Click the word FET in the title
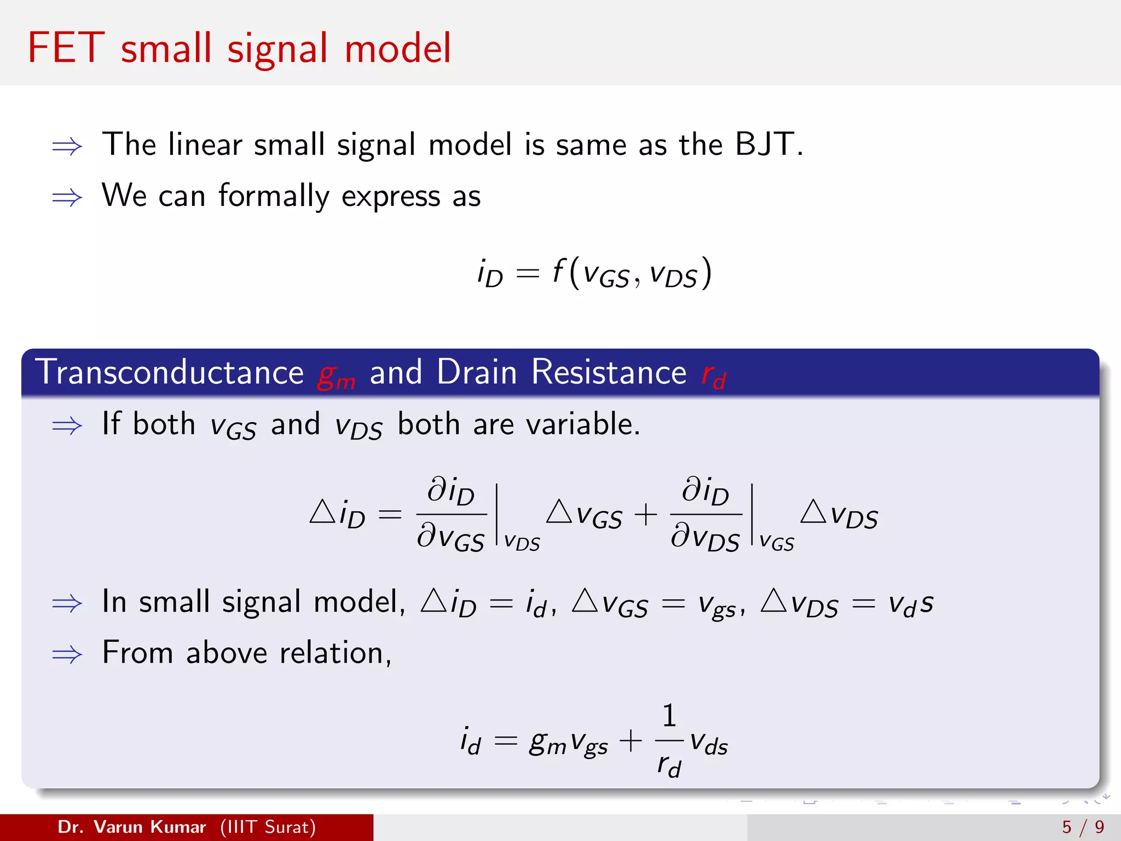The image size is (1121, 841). coord(66,48)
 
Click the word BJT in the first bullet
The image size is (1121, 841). coord(764,145)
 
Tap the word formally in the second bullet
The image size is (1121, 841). coord(274,196)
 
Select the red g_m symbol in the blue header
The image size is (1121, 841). coord(336,376)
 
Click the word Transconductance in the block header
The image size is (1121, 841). coord(170,372)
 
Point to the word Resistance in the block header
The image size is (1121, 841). coord(609,372)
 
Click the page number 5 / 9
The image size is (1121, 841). coord(1083,827)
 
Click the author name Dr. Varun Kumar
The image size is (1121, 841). coord(131,827)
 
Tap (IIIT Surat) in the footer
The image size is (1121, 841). coord(268,827)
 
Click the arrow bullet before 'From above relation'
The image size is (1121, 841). coord(67,654)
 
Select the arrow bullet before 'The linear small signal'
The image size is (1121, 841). coord(67,146)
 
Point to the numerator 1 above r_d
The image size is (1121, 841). coord(669,716)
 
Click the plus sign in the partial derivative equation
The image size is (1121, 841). coord(646,515)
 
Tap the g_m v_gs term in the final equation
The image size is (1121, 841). coord(568,744)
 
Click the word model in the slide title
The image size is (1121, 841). coord(398,48)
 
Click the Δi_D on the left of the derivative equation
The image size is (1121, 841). coord(337,515)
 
